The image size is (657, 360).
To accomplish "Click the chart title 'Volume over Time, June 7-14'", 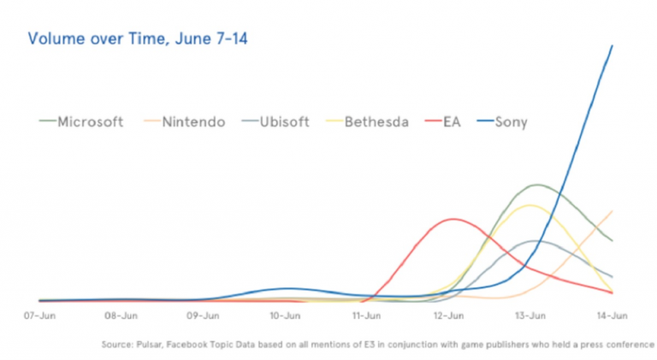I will tap(138, 39).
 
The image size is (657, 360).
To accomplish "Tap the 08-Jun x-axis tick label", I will tap(121, 316).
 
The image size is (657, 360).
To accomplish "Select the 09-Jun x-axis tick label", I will tap(203, 316).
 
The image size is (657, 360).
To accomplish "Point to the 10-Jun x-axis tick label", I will tap(285, 316).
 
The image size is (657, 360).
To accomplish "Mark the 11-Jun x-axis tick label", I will tap(366, 316).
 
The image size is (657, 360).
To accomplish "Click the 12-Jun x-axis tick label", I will tap(448, 316).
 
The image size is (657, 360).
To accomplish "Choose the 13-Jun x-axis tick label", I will tap(530, 316).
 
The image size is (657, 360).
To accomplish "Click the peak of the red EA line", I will tap(450, 219).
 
